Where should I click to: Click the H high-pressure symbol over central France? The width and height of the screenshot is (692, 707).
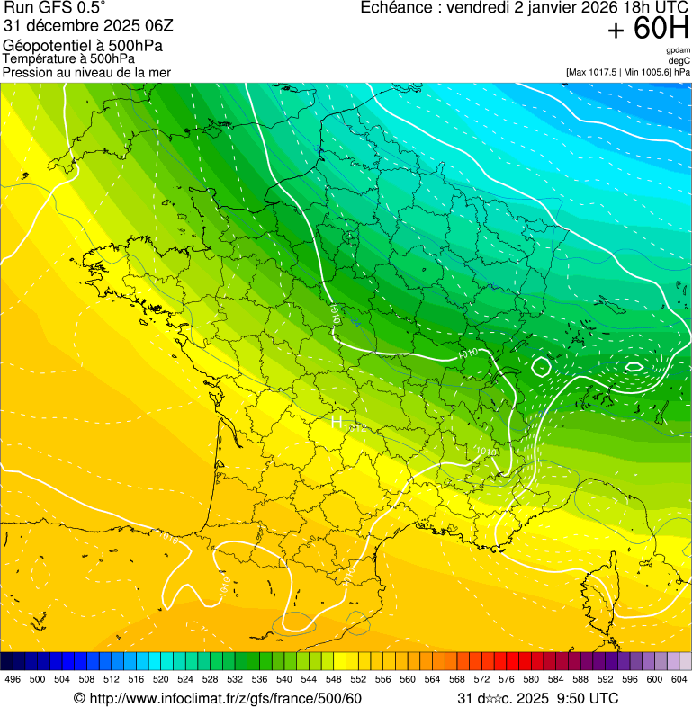[337, 421]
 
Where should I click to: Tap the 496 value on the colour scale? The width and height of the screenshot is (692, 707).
[13, 679]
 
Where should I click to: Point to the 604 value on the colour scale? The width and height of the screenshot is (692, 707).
[679, 679]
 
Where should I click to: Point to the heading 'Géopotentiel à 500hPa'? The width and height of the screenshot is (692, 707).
[83, 45]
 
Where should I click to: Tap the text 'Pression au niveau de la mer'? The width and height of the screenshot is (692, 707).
[86, 72]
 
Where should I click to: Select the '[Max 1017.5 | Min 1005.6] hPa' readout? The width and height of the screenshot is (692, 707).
[627, 71]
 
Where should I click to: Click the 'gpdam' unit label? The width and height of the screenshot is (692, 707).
[679, 50]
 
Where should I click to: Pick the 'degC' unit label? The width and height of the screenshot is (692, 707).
[679, 60]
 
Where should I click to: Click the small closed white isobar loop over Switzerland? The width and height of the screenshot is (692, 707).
[541, 367]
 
